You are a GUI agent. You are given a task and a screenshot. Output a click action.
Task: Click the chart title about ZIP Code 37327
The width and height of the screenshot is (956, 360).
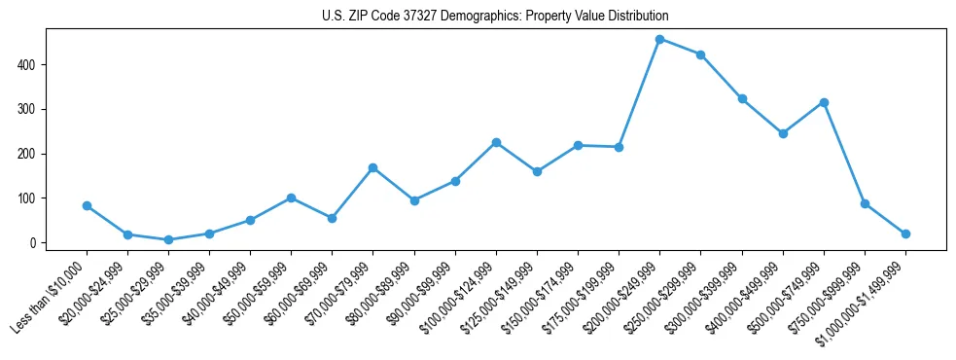(495, 17)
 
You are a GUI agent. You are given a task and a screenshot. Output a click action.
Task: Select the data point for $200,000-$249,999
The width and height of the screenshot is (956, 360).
(659, 40)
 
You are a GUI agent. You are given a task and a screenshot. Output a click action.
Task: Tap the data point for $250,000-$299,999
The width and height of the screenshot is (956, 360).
(700, 54)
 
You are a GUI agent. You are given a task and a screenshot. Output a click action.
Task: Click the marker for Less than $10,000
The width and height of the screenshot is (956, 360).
(87, 205)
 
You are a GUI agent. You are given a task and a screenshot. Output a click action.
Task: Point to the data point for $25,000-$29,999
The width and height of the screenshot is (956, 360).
(168, 239)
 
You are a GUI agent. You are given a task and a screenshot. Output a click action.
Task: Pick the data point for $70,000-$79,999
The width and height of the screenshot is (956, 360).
(372, 167)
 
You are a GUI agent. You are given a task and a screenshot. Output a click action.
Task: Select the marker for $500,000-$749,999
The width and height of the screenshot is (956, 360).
(824, 102)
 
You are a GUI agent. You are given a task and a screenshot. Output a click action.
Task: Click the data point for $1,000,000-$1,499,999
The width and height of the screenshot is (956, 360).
(905, 234)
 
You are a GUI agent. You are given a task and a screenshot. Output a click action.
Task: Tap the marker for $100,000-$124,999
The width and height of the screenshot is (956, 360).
(496, 142)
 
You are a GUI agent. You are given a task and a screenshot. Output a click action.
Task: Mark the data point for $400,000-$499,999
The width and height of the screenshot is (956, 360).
(783, 133)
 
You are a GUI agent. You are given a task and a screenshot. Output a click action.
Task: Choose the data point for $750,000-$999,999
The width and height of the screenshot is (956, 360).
(865, 203)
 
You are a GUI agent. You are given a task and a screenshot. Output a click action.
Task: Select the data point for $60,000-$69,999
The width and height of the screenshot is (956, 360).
(332, 218)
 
